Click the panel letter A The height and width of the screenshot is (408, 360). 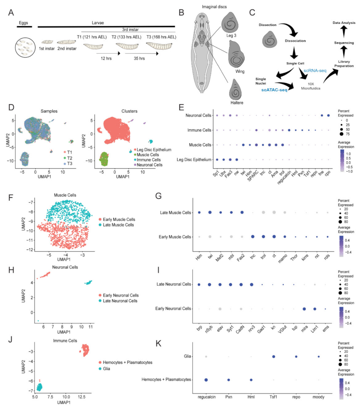[x=11, y=13]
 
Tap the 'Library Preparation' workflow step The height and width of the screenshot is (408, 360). [x=343, y=63]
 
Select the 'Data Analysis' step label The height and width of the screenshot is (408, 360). [x=344, y=23]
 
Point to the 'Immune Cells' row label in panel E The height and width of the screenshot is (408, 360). [x=199, y=130]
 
